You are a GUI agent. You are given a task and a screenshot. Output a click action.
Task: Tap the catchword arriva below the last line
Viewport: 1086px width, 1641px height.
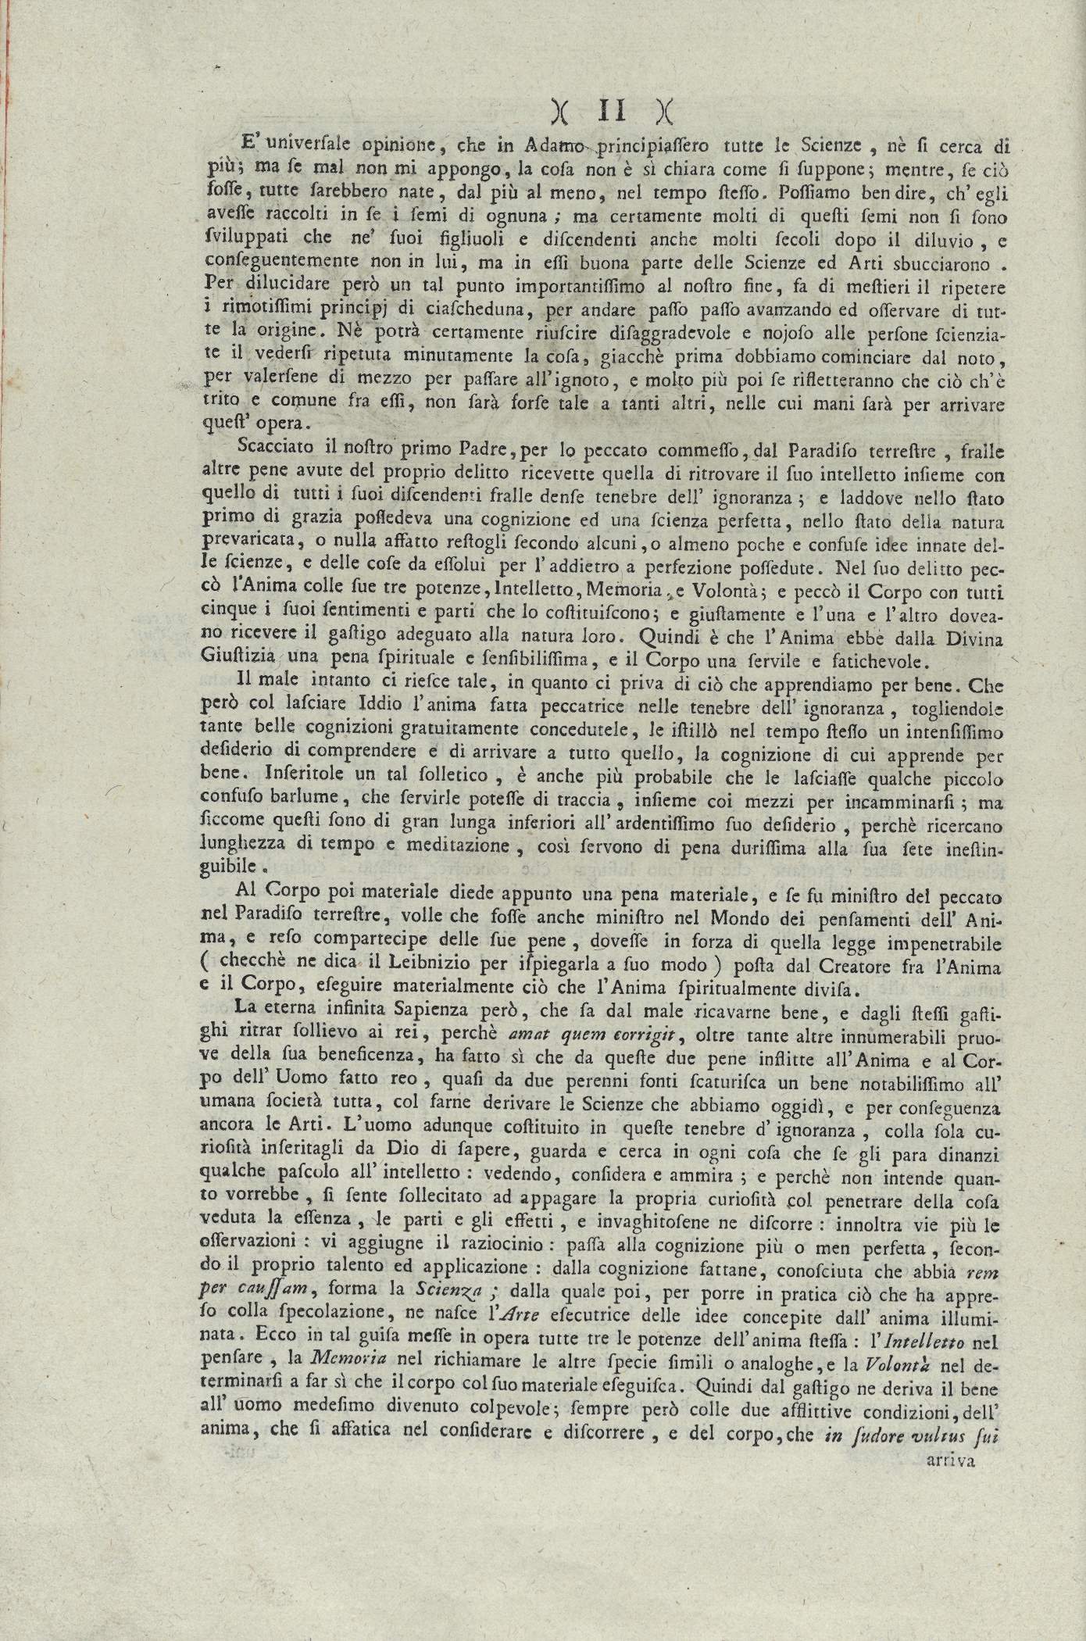(x=950, y=1460)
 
